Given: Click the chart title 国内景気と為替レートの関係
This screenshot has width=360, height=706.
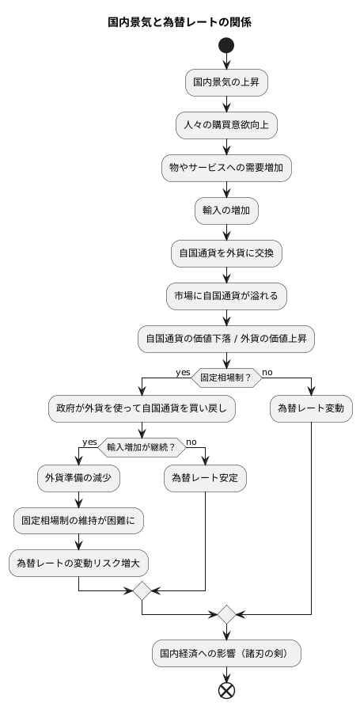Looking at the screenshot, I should (180, 22).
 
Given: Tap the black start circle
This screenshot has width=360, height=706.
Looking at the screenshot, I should (227, 46).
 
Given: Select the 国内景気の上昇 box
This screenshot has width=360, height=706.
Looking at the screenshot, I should (227, 82).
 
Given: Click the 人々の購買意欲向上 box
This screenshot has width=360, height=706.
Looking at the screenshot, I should (227, 124).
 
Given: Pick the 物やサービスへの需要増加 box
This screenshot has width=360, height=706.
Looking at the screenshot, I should (227, 167).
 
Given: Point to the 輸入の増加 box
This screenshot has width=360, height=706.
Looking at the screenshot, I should (227, 210).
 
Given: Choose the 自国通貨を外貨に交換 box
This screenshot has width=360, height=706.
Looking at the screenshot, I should (227, 252).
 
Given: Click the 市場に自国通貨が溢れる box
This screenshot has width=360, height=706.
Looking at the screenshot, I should (227, 295).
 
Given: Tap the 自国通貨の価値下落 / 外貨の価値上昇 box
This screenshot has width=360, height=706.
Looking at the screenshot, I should (227, 338).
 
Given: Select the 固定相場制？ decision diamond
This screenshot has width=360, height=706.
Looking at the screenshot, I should (227, 378).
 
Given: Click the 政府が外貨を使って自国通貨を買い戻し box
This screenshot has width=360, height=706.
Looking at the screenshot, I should (142, 408).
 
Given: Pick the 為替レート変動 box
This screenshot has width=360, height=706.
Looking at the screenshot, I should (312, 408).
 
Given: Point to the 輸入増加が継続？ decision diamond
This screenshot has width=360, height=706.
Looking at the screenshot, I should (142, 447).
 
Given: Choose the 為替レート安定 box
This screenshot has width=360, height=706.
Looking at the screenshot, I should (206, 478).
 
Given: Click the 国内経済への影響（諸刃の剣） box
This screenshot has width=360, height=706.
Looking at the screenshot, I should (227, 654).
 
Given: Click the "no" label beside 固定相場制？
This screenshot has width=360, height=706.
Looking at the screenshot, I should (267, 371).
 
